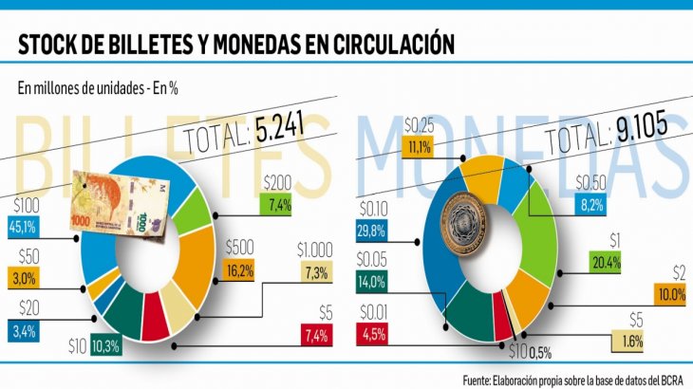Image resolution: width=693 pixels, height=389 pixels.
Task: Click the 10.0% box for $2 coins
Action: [670, 295]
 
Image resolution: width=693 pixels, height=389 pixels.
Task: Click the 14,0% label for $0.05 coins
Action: [371, 280]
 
